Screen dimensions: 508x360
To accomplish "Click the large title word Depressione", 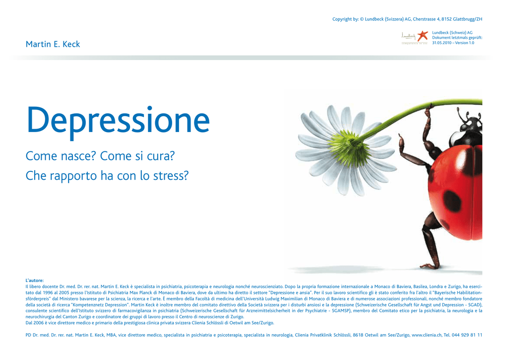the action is click(x=118, y=121).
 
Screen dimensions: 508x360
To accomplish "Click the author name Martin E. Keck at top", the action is click(x=53, y=44).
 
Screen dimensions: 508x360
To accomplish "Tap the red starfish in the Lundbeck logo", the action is click(x=423, y=36).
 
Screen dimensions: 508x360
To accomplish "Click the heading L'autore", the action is click(x=35, y=281).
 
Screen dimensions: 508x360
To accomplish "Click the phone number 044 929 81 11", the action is click(x=467, y=335).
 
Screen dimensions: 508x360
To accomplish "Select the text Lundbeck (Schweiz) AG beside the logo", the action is click(x=452, y=33).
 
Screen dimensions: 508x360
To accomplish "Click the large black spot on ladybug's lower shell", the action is click(x=452, y=200).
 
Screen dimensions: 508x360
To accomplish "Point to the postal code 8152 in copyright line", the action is click(x=446, y=19).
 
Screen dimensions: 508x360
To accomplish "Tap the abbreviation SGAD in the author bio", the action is click(x=475, y=305).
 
